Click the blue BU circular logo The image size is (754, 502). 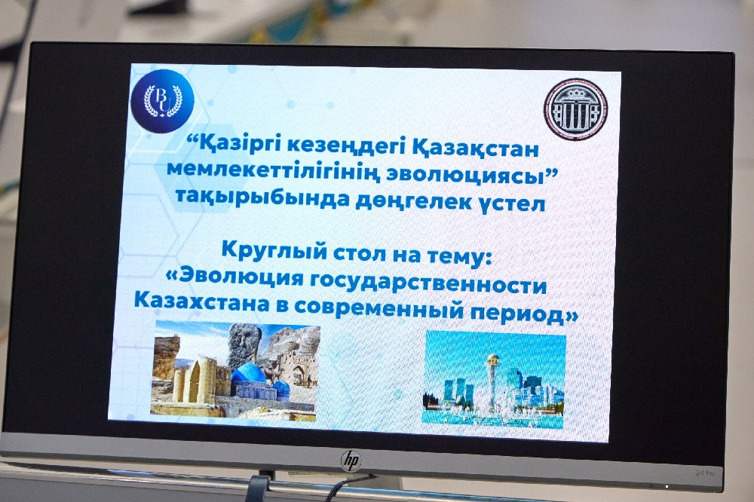tap(163, 101)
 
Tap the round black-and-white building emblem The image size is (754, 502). tap(575, 109)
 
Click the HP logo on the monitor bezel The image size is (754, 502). tap(351, 461)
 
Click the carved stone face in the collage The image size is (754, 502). tap(244, 343)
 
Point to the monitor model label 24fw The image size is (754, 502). tap(704, 473)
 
